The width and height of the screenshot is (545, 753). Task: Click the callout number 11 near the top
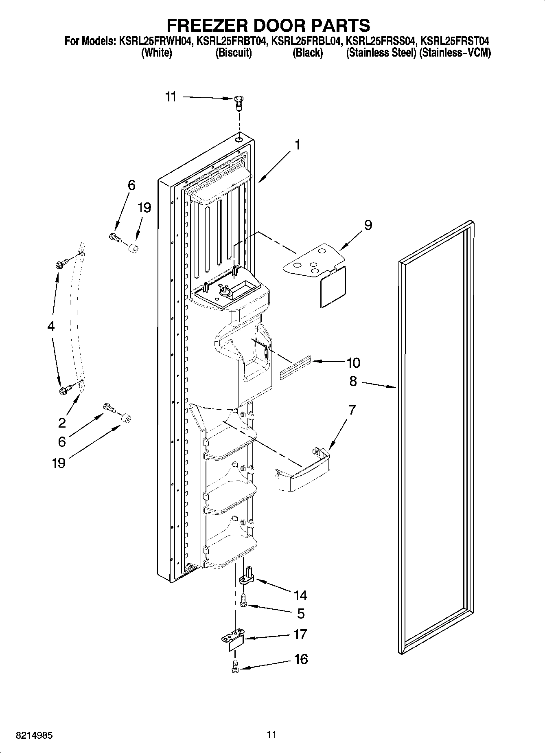point(171,97)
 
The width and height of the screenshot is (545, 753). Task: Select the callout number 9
point(368,225)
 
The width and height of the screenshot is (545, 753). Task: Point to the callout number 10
point(353,362)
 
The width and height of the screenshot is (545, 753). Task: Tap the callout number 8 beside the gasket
point(352,381)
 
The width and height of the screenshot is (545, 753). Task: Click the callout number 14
point(300,595)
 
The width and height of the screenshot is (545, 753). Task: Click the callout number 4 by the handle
point(50,326)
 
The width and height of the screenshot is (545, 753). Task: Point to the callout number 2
point(61,423)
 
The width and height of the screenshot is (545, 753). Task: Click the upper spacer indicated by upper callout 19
point(132,248)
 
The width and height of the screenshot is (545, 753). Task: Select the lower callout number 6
point(62,441)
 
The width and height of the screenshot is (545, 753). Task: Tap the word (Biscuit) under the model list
point(233,53)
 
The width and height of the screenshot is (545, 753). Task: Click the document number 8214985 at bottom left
point(34,735)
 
